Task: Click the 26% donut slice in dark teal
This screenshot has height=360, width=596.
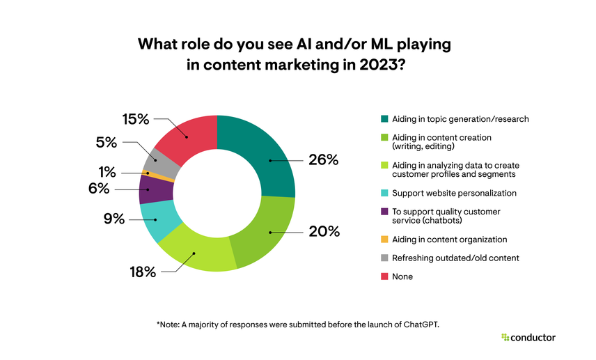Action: (268, 160)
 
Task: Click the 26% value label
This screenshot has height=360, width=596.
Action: (323, 160)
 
